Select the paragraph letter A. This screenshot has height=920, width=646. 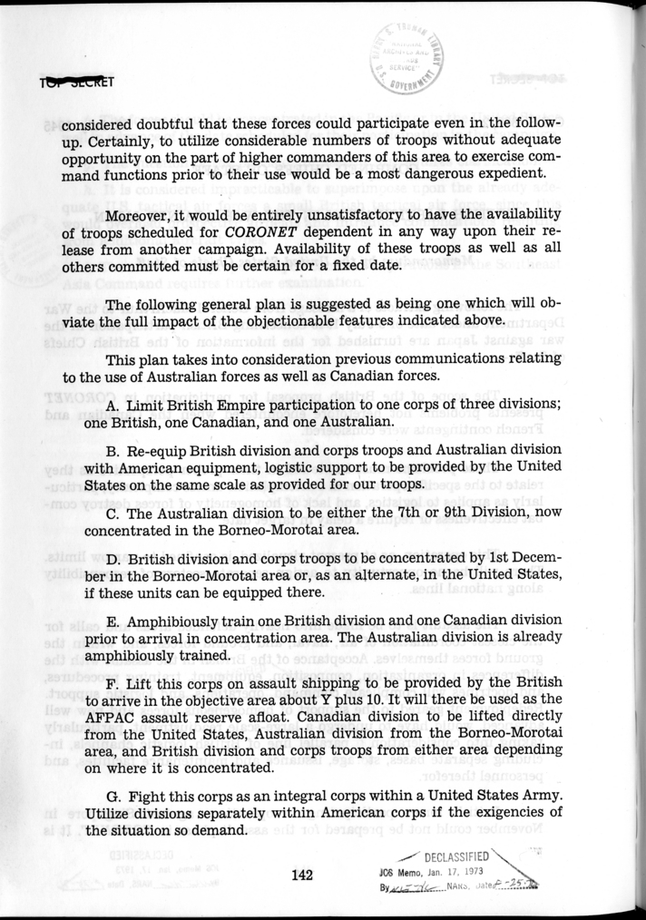click(x=113, y=403)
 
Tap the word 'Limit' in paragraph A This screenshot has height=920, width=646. click(x=149, y=403)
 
